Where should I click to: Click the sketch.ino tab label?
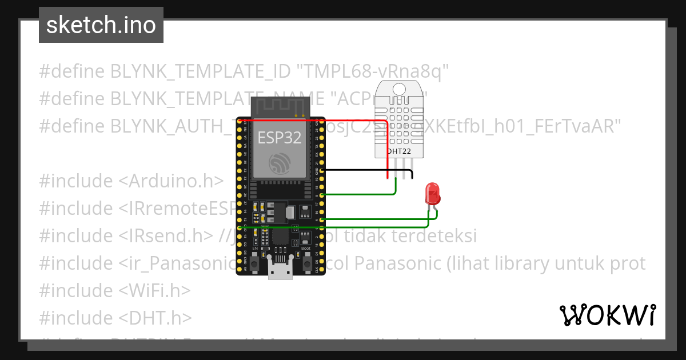click(x=101, y=25)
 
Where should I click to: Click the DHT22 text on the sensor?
click(x=400, y=151)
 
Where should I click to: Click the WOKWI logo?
click(x=607, y=315)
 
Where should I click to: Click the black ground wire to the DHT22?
click(x=366, y=170)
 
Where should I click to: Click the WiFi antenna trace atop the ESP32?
click(x=281, y=106)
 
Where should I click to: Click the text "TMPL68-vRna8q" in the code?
click(x=372, y=71)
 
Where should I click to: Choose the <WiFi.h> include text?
click(x=154, y=290)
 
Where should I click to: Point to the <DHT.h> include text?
click(x=155, y=318)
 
